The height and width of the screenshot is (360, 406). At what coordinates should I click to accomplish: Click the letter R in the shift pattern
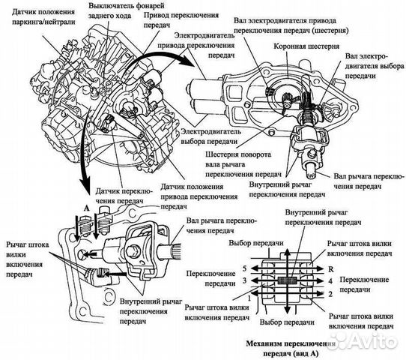tap(331, 269)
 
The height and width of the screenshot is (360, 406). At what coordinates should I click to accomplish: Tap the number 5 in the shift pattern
tap(245, 268)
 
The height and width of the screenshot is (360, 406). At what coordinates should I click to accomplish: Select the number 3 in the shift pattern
tap(245, 280)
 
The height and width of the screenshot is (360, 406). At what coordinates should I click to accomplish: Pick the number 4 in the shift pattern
tap(330, 280)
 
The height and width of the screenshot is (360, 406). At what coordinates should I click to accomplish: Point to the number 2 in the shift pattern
tap(330, 294)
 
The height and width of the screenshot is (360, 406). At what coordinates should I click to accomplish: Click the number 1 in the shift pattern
tap(249, 298)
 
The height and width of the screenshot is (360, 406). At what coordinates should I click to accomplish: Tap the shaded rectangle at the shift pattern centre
tap(287, 280)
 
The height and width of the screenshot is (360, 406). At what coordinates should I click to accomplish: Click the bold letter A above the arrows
tap(86, 208)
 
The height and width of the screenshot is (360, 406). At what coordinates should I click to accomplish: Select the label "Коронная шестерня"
tap(306, 46)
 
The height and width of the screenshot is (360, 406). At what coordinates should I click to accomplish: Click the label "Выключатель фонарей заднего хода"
tap(126, 10)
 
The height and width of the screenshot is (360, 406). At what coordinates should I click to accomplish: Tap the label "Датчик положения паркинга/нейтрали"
tap(43, 16)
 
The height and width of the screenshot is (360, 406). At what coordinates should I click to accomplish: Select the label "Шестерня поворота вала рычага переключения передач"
tap(243, 164)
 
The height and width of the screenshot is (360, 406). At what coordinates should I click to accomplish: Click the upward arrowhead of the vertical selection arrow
tap(287, 252)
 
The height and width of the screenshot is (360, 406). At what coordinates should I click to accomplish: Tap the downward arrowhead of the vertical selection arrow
tap(287, 311)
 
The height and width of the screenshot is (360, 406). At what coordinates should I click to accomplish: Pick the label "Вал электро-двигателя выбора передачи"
tap(375, 66)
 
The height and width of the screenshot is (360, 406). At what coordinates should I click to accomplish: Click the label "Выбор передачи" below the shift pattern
tap(287, 322)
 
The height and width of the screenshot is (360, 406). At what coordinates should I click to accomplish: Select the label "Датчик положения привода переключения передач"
tap(199, 196)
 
